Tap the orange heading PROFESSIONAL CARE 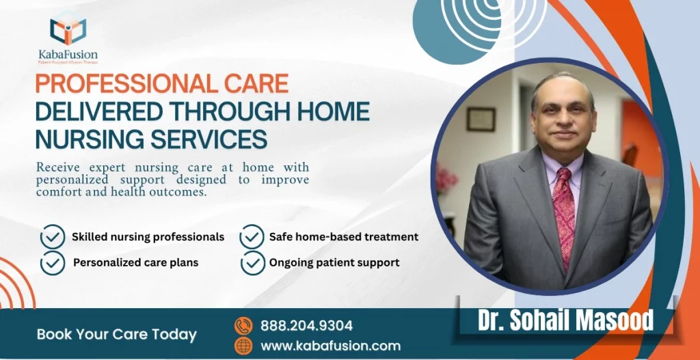(162, 83)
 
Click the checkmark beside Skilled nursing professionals (53, 237)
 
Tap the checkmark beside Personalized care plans (53, 262)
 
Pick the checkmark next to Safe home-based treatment (252, 237)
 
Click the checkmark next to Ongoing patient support (252, 262)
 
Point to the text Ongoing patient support (334, 262)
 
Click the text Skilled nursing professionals (148, 237)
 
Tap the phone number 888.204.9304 (306, 326)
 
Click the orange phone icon (243, 326)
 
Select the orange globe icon (243, 346)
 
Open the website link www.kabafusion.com (331, 346)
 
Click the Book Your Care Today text (116, 335)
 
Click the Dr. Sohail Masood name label (565, 320)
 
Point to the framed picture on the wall (481, 119)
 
